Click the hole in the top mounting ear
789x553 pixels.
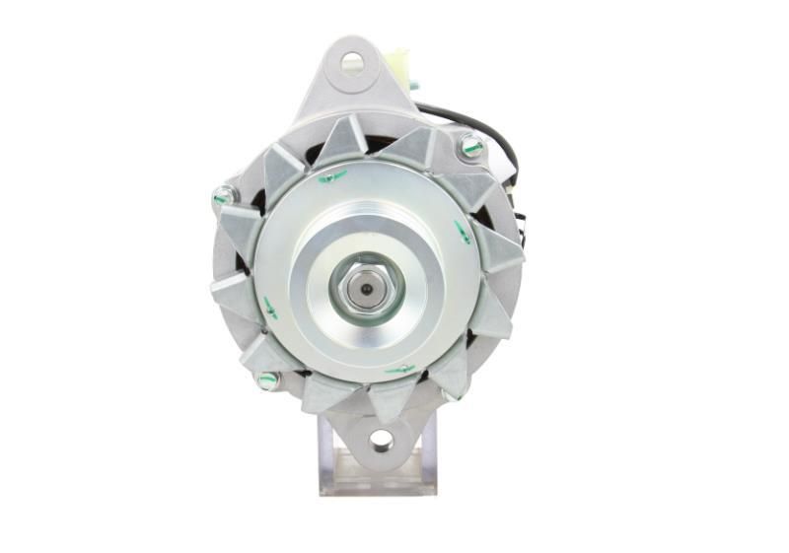[352, 64]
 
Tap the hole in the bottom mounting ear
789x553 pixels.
[380, 440]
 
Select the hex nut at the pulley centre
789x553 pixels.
[367, 288]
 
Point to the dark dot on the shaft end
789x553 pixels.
[367, 289]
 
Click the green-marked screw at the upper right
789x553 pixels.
[471, 147]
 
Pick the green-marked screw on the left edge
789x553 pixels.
[223, 196]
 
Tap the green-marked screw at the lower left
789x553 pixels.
[266, 379]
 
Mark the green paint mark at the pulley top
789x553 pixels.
[332, 176]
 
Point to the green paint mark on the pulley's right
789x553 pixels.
[462, 233]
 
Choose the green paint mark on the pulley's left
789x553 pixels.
[269, 309]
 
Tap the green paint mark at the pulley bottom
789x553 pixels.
[399, 370]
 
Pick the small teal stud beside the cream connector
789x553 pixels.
[413, 85]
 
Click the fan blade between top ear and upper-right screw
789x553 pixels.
[414, 148]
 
